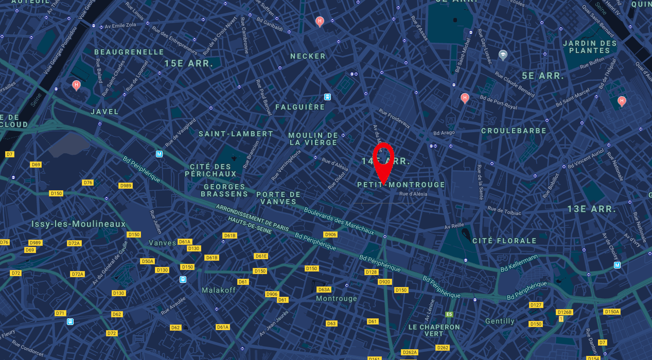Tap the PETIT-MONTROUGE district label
pos(401,185)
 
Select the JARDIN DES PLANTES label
pos(590,47)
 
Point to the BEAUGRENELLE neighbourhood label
pos(129,52)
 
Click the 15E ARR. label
pos(189,63)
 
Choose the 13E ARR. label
pos(592,209)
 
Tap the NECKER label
pos(308,56)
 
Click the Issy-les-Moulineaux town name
pos(78,224)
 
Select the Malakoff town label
pos(219,290)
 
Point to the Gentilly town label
pos(500,321)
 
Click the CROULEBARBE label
pos(514,131)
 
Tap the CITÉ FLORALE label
pos(504,241)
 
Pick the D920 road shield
pos(384,282)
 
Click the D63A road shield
pos(324,290)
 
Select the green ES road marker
pos(449,314)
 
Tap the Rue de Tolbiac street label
pos(504,210)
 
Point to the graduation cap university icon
pos(503,55)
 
